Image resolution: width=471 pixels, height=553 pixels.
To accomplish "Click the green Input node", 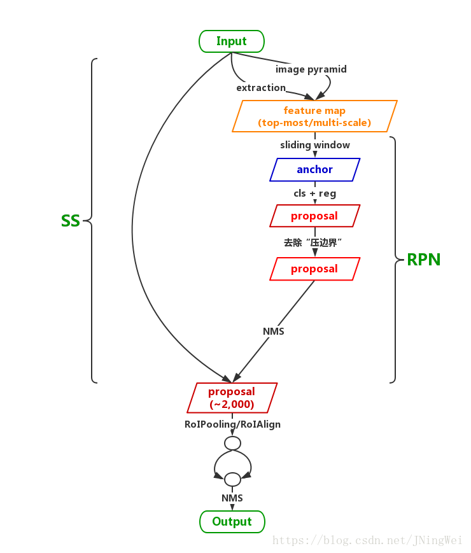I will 231,41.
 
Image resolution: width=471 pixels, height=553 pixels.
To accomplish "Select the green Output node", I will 232,521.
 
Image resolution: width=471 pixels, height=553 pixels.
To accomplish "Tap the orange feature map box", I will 314,116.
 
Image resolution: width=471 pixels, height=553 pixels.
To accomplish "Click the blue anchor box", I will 314,169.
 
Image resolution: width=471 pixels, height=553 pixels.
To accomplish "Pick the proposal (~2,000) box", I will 232,398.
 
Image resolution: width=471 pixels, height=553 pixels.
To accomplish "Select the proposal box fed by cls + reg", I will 314,216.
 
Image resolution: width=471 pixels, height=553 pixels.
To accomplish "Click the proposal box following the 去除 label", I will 314,269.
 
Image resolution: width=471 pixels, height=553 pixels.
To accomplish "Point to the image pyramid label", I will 311,69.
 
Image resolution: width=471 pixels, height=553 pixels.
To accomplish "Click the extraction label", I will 261,87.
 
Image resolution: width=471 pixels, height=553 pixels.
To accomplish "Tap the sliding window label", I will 315,145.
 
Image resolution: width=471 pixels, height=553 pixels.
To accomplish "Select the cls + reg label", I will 314,193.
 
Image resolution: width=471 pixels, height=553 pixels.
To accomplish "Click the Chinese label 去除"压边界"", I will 314,242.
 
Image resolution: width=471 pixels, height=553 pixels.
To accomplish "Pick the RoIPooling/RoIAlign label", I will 232,424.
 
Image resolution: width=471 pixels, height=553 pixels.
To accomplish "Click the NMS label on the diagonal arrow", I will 274,332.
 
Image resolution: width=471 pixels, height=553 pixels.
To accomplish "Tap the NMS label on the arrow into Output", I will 232,498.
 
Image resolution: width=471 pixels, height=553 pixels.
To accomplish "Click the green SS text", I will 71,221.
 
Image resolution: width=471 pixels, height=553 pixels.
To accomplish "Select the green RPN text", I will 424,259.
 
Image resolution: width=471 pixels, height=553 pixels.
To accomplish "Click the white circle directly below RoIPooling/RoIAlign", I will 232,443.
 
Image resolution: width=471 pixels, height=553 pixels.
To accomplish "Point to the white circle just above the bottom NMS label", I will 232,479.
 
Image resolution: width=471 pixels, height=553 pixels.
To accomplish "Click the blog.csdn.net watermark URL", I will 367,540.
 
